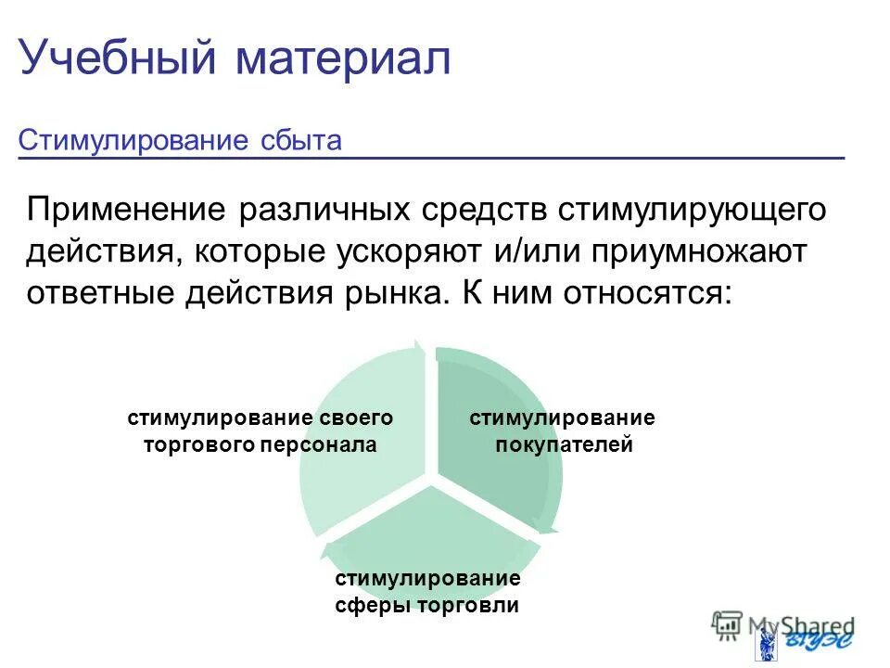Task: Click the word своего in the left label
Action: tap(350, 418)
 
